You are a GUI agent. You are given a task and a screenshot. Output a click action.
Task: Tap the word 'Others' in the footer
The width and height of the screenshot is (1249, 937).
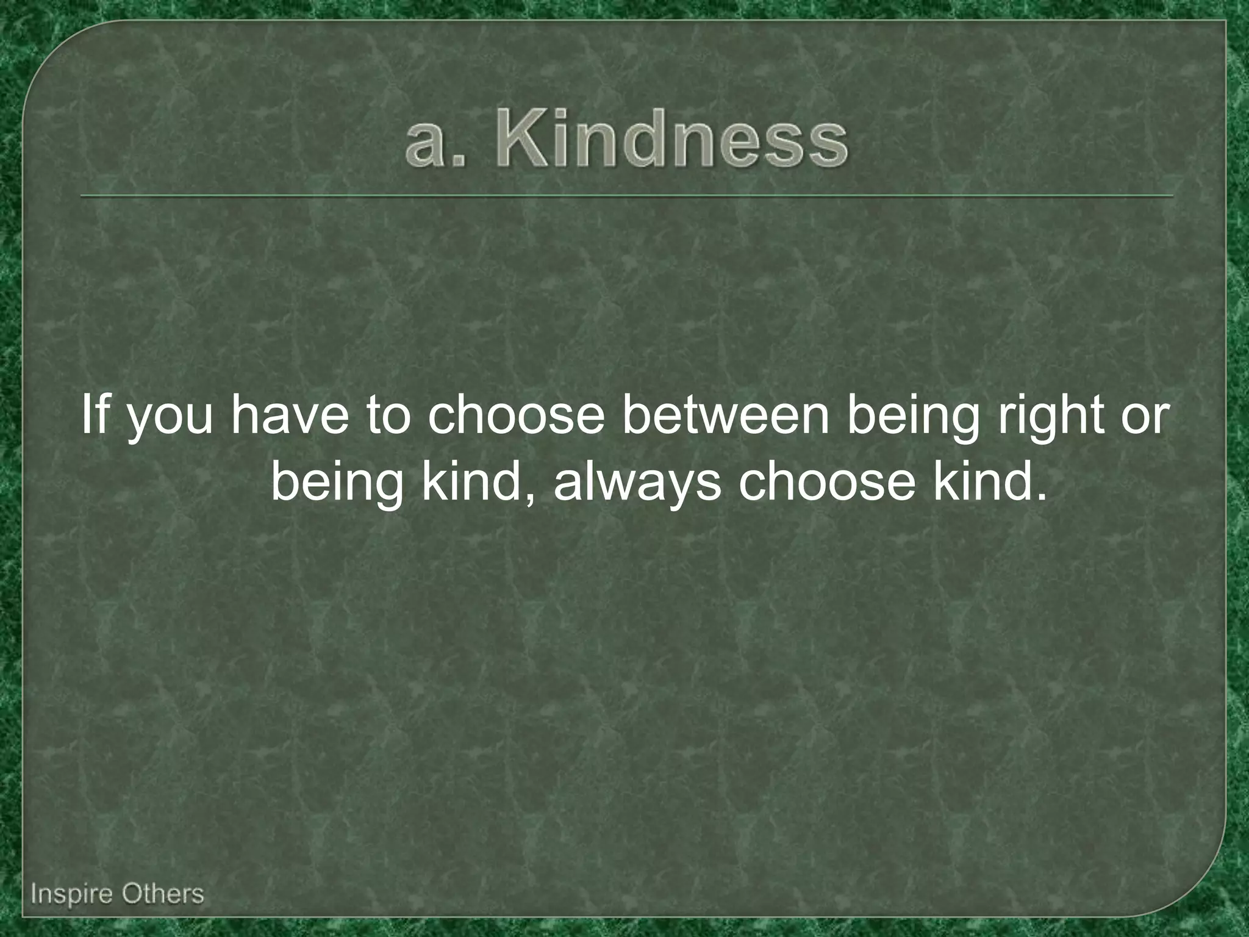pos(162,894)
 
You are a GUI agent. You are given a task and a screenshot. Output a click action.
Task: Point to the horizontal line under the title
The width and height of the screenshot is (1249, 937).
pos(626,196)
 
